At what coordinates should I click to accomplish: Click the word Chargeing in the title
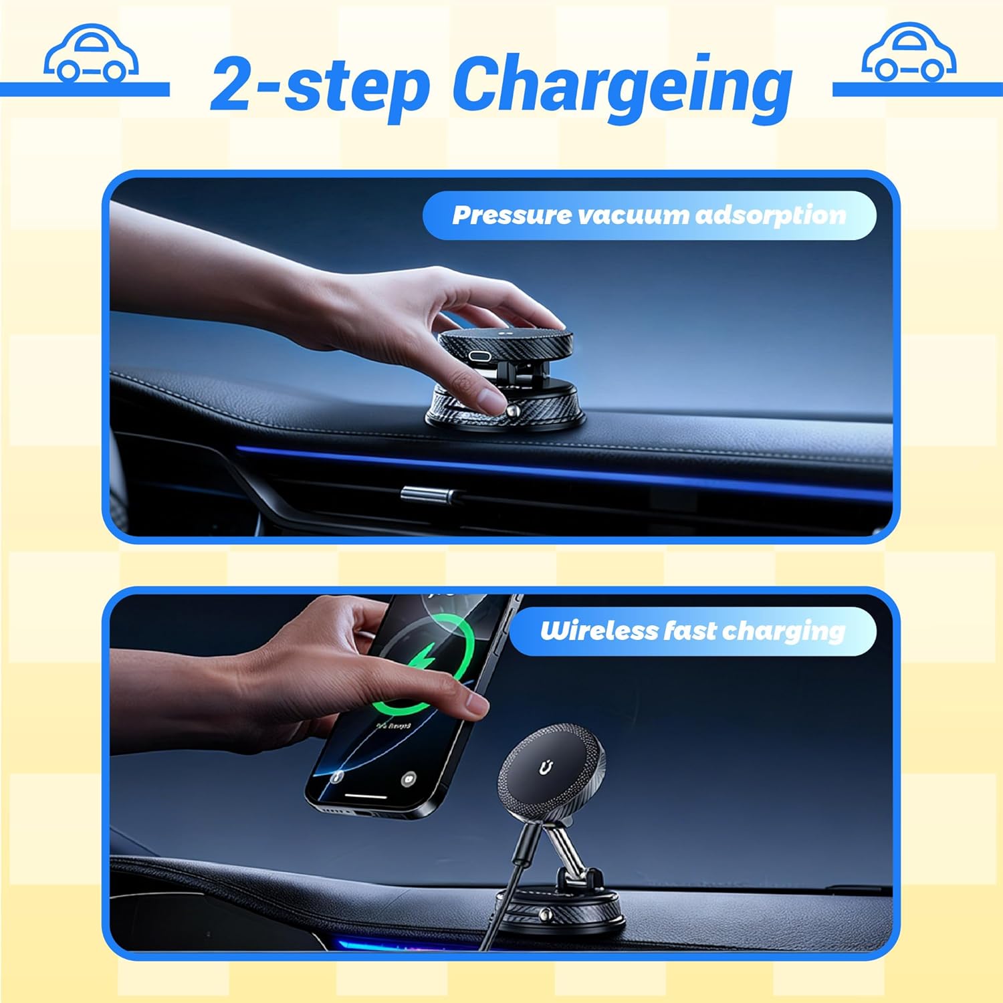pyautogui.click(x=623, y=87)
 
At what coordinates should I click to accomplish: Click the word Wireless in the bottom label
pyautogui.click(x=598, y=631)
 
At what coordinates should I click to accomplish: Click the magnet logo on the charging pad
pyautogui.click(x=545, y=768)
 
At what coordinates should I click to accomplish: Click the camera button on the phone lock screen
pyautogui.click(x=409, y=779)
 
